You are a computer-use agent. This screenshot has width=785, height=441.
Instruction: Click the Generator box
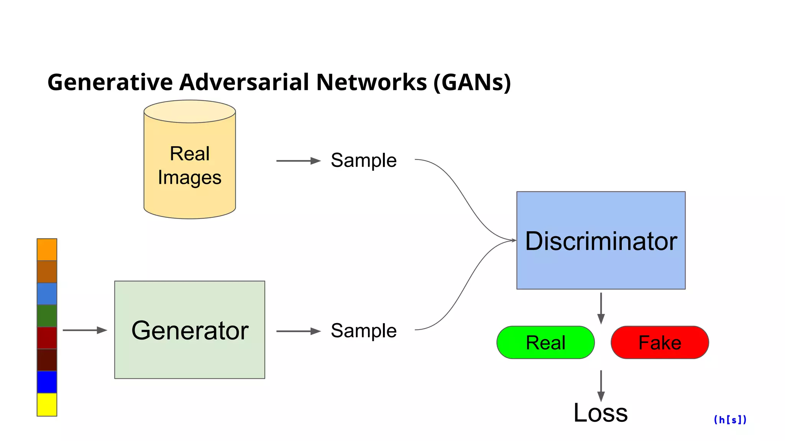(x=189, y=330)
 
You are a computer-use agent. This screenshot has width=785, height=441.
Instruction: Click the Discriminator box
(x=601, y=240)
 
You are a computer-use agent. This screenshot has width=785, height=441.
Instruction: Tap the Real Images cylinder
(x=189, y=165)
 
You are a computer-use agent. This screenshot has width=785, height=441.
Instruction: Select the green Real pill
(x=545, y=342)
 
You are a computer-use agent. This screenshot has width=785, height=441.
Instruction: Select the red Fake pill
(x=660, y=342)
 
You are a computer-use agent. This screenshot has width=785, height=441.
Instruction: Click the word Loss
(x=600, y=413)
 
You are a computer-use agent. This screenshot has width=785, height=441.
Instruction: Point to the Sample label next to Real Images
(x=363, y=160)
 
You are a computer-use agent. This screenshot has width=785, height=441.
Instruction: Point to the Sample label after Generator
(x=363, y=330)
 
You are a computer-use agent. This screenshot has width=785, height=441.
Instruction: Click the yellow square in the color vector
(x=47, y=405)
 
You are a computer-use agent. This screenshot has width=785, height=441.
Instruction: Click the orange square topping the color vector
(x=47, y=250)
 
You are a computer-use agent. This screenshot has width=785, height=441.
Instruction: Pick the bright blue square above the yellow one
(x=47, y=382)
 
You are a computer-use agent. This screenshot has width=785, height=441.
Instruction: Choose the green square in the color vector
(x=47, y=316)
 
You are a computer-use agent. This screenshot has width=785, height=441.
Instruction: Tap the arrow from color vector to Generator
(x=85, y=330)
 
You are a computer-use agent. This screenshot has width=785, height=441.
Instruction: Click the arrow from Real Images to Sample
(x=298, y=161)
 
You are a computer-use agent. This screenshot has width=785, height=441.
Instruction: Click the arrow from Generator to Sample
(x=298, y=331)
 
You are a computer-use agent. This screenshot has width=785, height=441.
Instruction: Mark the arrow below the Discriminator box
(x=601, y=308)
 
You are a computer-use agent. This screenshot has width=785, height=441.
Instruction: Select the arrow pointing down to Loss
(x=601, y=385)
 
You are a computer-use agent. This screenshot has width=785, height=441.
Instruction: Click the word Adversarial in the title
(x=244, y=82)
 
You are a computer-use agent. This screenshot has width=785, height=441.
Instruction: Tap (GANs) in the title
(x=472, y=82)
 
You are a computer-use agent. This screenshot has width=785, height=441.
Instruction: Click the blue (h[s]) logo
(x=730, y=420)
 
